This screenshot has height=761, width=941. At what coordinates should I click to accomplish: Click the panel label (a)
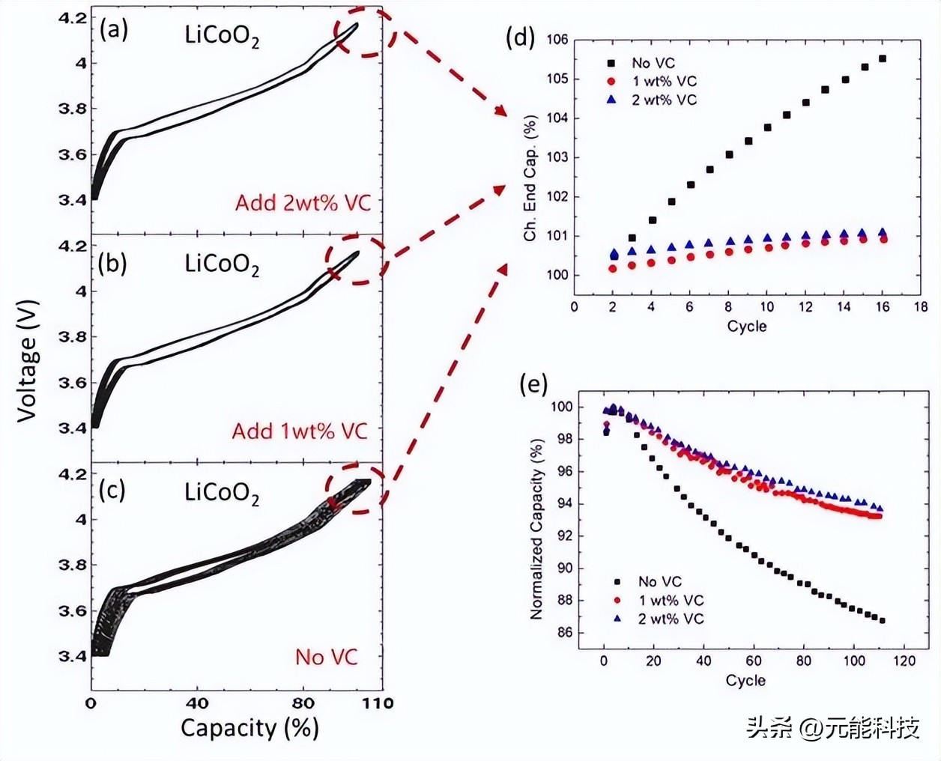[114, 31]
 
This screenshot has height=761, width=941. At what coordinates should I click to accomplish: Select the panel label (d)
[520, 37]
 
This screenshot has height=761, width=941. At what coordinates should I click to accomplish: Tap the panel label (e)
[533, 385]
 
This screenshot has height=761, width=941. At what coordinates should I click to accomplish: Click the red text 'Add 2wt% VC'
[303, 203]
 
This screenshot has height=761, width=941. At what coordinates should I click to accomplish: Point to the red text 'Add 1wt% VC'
[300, 431]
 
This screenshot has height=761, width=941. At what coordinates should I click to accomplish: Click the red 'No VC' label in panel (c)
[327, 657]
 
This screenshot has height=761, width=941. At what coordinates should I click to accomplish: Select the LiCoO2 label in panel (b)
[222, 265]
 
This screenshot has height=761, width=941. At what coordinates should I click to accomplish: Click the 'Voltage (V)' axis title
[28, 361]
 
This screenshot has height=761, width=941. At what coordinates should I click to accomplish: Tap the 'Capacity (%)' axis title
[249, 728]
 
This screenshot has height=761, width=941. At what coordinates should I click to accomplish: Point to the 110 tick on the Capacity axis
[381, 703]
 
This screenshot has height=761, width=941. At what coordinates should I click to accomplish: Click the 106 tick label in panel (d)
[557, 40]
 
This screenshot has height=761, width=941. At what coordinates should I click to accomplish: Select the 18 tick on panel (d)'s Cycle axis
[921, 306]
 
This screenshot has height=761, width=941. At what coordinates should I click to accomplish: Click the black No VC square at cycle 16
[883, 58]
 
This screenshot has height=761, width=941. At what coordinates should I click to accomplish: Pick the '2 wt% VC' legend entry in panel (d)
[652, 100]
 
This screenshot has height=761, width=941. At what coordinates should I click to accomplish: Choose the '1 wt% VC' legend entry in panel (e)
[659, 600]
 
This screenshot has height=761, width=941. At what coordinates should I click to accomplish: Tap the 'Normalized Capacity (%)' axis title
[536, 530]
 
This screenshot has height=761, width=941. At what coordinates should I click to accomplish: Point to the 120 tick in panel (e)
[904, 661]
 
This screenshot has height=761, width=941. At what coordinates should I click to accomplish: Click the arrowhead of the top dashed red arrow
[502, 110]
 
